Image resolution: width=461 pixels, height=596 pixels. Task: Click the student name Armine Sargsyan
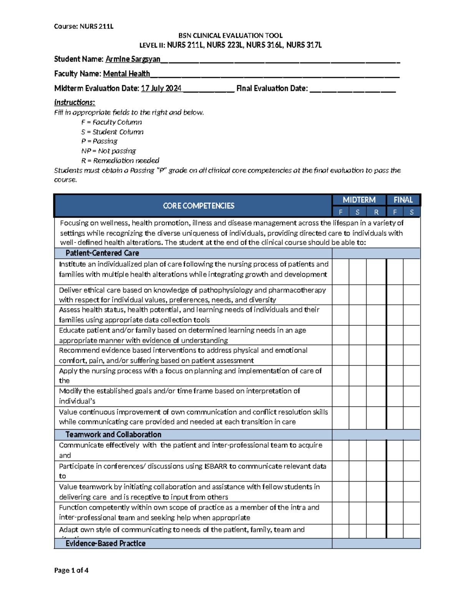[x=133, y=59]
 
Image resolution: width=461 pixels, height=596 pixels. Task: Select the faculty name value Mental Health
[x=126, y=74]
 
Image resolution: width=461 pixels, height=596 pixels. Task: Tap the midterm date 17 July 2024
[x=161, y=88]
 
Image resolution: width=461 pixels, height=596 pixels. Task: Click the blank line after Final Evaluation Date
[x=352, y=89]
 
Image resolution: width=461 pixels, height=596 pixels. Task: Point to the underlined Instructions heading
[x=75, y=102]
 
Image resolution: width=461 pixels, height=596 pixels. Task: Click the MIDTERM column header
[x=359, y=200]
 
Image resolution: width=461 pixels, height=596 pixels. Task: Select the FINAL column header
[x=403, y=200]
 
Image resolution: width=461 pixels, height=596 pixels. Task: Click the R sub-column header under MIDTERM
[x=376, y=212]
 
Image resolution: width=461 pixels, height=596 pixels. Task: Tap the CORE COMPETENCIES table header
[x=198, y=206]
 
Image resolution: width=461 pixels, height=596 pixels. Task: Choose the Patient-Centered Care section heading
[x=102, y=253]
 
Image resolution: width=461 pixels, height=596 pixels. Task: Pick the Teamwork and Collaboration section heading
[x=113, y=434]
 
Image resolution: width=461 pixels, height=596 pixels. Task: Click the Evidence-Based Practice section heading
[x=105, y=543]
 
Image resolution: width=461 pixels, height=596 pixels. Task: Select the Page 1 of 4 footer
[x=71, y=570]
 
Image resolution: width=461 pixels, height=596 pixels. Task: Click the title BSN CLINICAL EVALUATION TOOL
[x=230, y=36]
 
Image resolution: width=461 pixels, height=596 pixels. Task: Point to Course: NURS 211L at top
[x=84, y=26]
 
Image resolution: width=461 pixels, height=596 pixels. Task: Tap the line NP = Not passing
[x=109, y=151]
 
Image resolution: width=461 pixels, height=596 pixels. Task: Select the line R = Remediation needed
[x=120, y=160]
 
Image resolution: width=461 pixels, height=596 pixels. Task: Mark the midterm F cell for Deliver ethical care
[x=341, y=295]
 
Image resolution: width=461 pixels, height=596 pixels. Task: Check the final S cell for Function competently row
[x=411, y=513]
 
